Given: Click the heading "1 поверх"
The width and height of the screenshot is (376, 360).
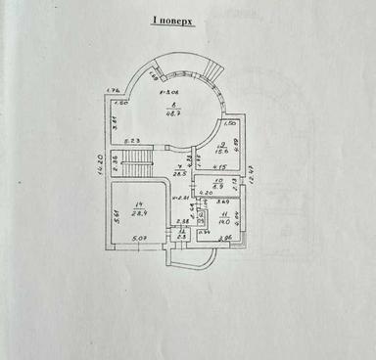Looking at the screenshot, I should coord(177,20).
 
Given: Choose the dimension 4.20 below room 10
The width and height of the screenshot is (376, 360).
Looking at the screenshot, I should coord(205,194).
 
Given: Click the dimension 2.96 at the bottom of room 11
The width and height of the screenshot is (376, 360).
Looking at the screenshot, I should coord(225,238).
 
